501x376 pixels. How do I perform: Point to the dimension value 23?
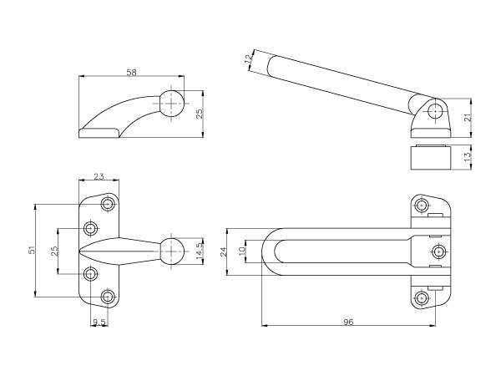pos(99,176)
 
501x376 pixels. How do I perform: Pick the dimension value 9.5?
pos(99,321)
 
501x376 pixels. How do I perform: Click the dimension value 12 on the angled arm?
pos(250,60)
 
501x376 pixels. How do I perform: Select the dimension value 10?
pos(242,250)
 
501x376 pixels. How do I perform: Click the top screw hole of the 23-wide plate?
pos(108,204)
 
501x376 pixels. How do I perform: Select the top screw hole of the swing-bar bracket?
pos(422,205)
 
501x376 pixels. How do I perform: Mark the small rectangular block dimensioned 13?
pos(432,157)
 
